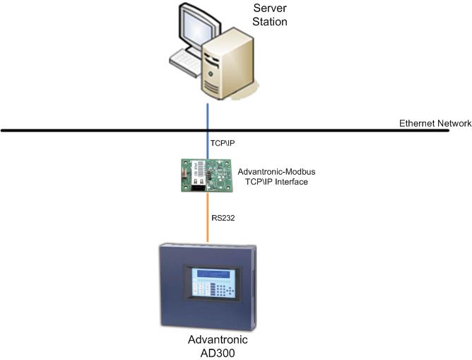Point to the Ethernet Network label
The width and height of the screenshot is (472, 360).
tap(435, 123)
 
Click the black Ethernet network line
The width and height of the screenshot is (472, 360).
tap(106, 131)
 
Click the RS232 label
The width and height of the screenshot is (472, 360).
tap(223, 218)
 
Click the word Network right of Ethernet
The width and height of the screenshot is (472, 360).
tap(454, 123)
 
